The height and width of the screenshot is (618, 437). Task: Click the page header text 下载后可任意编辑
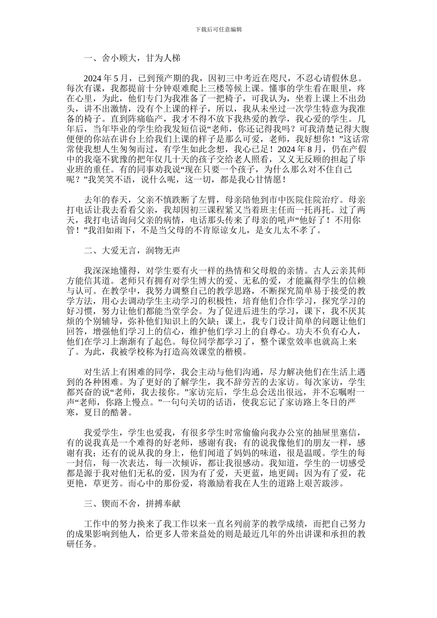point(218,29)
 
